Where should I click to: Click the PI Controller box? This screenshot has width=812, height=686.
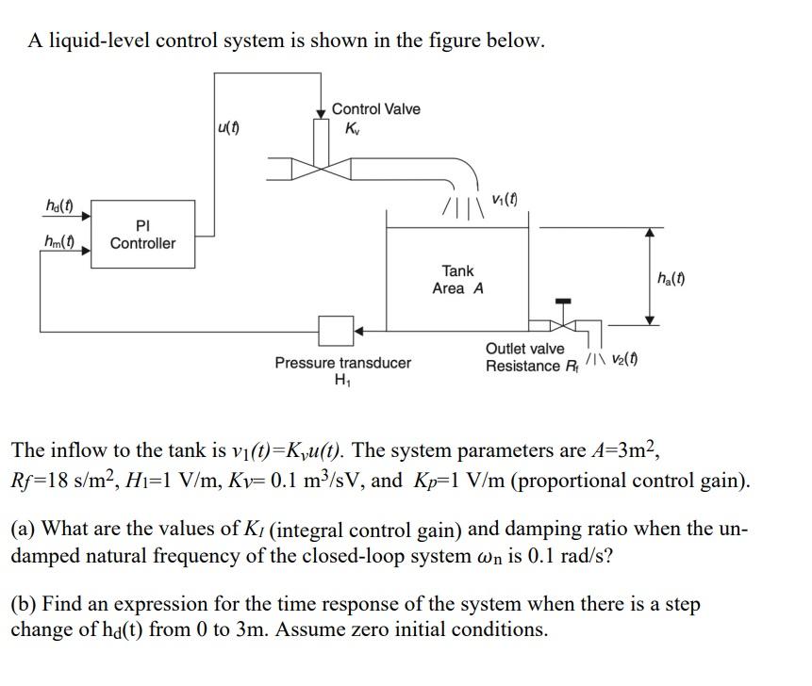142,235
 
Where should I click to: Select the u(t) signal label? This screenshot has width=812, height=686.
227,127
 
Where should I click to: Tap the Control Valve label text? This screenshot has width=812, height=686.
375,109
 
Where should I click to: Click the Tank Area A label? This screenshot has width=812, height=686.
457,280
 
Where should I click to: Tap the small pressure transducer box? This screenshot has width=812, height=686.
335,331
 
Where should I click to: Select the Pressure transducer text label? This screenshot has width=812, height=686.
342,363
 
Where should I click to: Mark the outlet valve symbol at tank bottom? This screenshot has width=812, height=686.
564,325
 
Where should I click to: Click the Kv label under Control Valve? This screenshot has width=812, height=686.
353,128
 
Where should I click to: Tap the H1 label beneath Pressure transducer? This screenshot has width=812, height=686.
341,381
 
